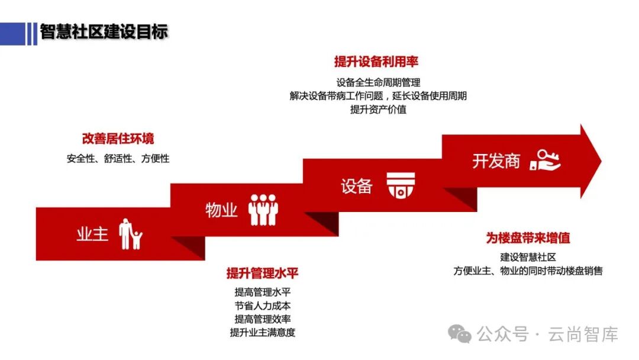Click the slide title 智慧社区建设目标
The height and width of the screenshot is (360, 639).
coord(104,32)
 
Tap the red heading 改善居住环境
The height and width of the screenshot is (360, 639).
coord(118,139)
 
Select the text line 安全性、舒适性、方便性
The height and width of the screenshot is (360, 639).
coord(118,159)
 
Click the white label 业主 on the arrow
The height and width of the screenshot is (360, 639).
coord(92,234)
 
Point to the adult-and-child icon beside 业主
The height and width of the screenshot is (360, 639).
coord(130,234)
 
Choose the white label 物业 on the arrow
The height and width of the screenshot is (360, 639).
coord(221,210)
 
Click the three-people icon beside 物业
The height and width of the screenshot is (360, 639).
coord(263,210)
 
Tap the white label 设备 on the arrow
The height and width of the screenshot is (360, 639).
coord(356,186)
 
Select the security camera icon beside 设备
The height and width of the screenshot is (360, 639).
coord(401,185)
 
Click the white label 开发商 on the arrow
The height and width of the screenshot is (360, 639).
coord(496,160)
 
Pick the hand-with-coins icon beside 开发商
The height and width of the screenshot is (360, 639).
coord(545,160)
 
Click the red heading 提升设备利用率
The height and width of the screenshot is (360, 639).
coord(376,62)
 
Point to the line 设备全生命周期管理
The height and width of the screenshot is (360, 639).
coord(378,82)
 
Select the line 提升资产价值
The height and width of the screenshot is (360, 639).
coord(378,109)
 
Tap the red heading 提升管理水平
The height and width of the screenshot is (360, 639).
coord(262,273)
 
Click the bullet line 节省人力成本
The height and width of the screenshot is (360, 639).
coord(262,306)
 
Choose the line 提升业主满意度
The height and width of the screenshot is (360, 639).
coord(262,332)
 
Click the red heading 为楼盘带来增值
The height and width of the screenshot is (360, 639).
coord(528,239)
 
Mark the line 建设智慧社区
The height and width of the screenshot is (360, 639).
coord(528,258)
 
